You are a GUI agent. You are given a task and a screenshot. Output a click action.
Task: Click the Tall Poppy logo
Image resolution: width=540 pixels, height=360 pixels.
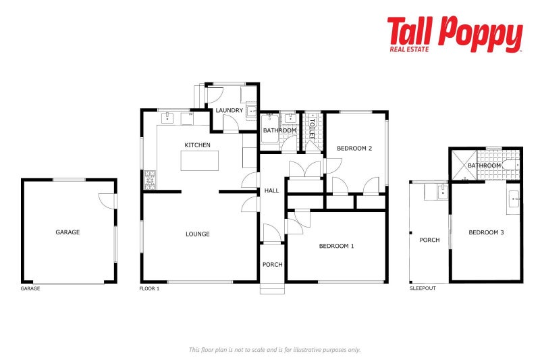454,34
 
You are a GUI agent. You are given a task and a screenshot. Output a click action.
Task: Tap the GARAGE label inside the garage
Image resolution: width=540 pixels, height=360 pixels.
67,232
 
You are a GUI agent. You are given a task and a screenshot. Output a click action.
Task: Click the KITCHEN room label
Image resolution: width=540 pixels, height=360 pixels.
198,145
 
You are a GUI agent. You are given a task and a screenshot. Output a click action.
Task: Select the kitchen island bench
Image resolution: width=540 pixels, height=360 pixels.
200,161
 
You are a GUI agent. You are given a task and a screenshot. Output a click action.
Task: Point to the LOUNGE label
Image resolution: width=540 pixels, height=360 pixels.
198,234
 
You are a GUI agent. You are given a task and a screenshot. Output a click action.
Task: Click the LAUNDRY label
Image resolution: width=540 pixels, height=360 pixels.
229,110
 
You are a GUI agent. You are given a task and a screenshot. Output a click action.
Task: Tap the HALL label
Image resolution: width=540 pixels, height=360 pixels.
271,191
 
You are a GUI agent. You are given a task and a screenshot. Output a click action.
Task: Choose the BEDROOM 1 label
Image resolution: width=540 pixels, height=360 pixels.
336,246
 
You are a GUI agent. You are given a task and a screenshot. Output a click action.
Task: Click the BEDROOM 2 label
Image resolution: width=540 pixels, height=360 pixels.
355,149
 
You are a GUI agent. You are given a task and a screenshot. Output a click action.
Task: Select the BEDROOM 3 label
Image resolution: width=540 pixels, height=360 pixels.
487,233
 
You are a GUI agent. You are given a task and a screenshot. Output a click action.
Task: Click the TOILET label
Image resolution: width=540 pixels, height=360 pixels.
312,128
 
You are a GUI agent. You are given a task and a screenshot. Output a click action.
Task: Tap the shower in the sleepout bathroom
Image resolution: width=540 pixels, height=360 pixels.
464,165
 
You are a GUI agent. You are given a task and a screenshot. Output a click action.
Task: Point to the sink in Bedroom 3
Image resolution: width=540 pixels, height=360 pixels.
514,198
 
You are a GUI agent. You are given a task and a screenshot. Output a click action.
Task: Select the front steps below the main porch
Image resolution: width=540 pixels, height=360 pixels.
273,289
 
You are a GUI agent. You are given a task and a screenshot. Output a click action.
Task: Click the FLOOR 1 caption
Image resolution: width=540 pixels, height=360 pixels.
150,288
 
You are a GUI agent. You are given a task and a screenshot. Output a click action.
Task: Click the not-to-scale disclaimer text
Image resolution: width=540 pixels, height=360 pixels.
274,349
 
